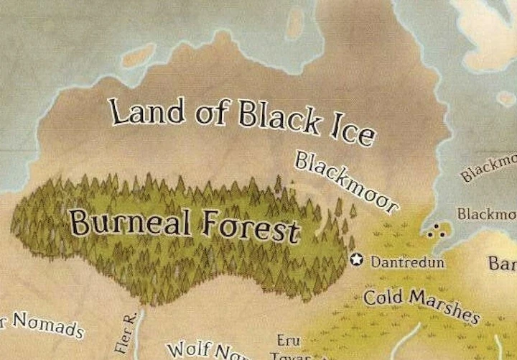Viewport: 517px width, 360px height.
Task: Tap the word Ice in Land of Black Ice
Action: (352, 131)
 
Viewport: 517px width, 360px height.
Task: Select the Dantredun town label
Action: (408, 262)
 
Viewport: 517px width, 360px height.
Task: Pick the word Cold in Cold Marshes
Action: (386, 296)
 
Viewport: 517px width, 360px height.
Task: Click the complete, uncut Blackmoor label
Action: (346, 183)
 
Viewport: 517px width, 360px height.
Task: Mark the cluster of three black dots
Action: (434, 231)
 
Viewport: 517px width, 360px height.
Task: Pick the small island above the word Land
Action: (138, 55)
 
